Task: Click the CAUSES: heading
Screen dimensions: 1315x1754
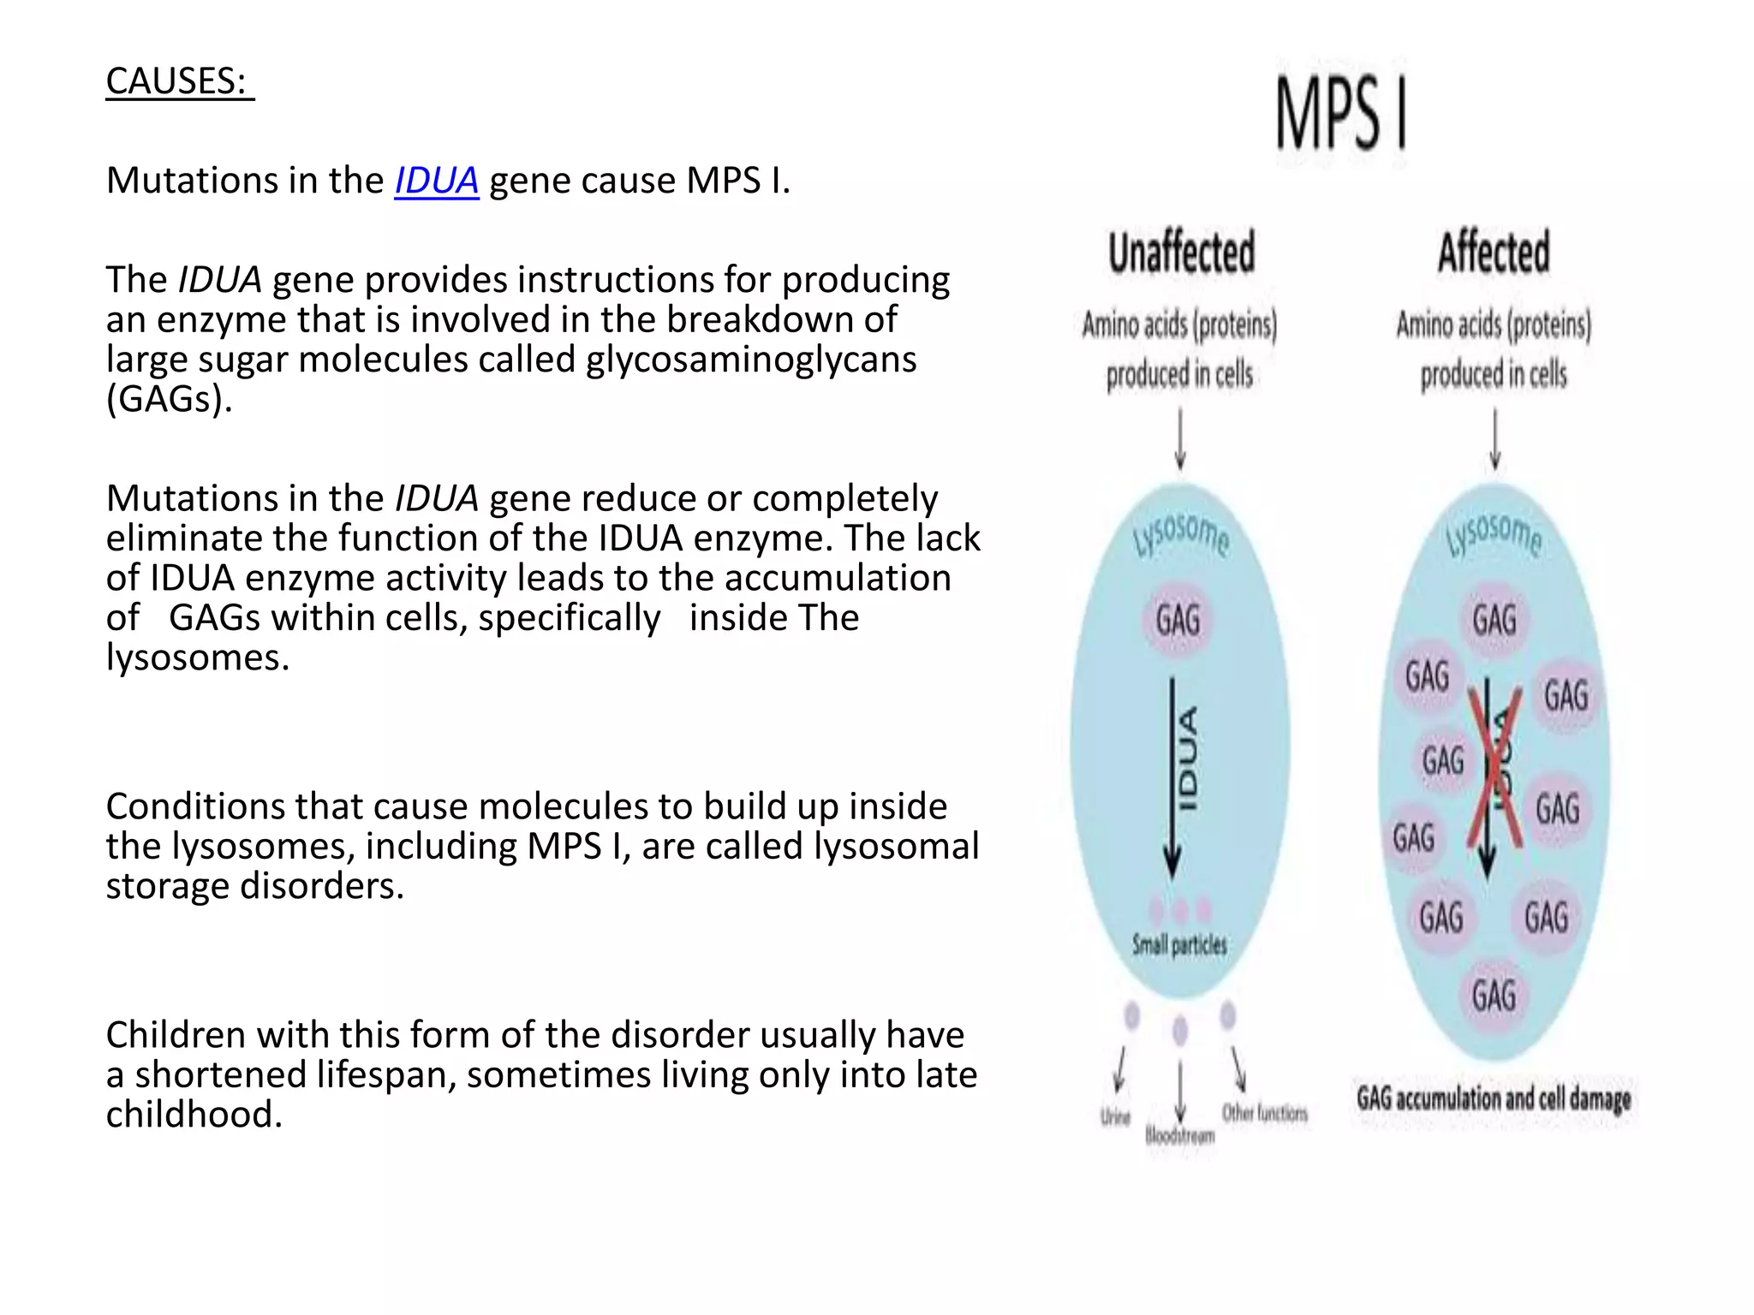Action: click(x=178, y=81)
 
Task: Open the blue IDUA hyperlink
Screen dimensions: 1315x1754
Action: click(x=436, y=181)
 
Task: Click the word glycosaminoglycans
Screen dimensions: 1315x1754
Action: click(x=751, y=360)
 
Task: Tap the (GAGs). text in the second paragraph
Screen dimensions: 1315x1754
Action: click(x=170, y=399)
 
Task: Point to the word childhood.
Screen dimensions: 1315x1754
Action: click(x=194, y=1115)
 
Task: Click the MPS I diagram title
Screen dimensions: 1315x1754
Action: click(x=1341, y=114)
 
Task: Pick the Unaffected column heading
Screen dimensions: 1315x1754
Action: click(x=1182, y=253)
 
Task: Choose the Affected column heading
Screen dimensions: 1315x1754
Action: click(x=1494, y=253)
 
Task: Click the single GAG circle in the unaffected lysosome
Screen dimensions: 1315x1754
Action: click(x=1178, y=620)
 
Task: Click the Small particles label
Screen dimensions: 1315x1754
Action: click(x=1179, y=945)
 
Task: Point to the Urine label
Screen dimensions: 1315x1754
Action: click(x=1115, y=1117)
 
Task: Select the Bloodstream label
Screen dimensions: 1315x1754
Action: click(x=1180, y=1137)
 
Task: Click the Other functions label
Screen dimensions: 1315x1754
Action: click(x=1265, y=1113)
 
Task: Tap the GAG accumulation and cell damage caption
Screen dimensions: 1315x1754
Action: click(x=1494, y=1098)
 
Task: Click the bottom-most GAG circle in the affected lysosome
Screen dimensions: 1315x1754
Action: click(x=1494, y=996)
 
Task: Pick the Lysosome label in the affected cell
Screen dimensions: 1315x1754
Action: click(x=1494, y=536)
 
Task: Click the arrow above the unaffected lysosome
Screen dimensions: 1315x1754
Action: click(x=1180, y=439)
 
